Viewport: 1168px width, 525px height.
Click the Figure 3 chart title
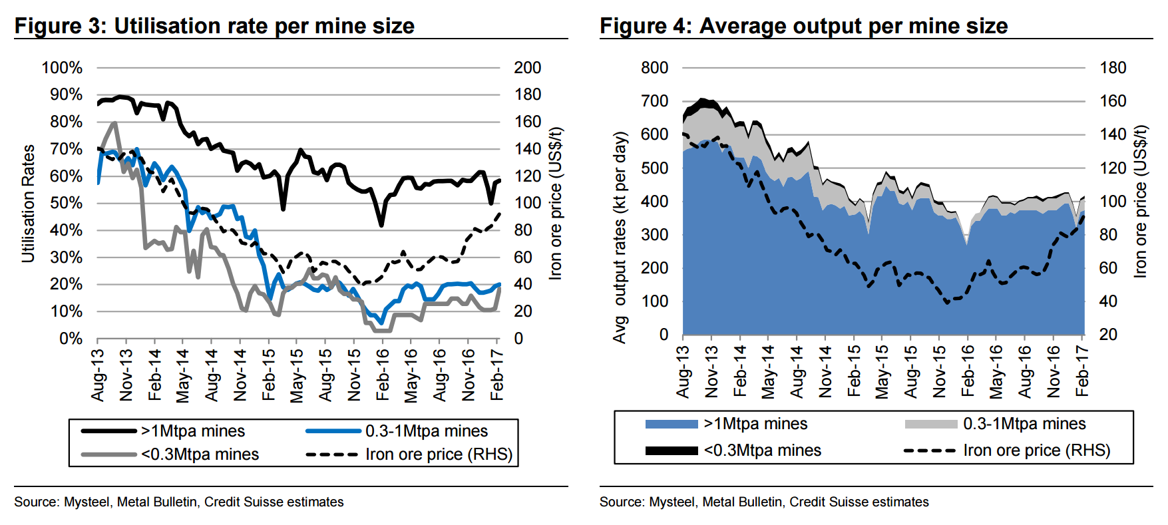pos(214,26)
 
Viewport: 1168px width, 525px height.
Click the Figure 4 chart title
pos(803,26)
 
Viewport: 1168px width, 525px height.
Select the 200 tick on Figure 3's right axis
pos(527,68)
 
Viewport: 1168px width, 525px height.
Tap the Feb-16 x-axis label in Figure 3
pos(383,374)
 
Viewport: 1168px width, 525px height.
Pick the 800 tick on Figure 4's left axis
pos(654,68)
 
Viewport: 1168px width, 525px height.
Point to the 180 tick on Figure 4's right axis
pos(1113,68)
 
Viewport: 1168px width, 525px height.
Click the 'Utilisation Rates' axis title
pos(28,203)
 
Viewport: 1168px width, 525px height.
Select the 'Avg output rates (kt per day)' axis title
pos(620,238)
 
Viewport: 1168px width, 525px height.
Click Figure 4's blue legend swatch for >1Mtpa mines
pos(672,424)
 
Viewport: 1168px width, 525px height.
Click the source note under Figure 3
pos(179,502)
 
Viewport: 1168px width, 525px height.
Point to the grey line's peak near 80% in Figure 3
pos(114,123)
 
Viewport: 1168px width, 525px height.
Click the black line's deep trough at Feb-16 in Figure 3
pos(381,225)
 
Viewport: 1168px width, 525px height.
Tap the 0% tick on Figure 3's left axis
pos(71,339)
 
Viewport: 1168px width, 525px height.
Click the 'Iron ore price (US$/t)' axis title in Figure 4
pos(1140,201)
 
